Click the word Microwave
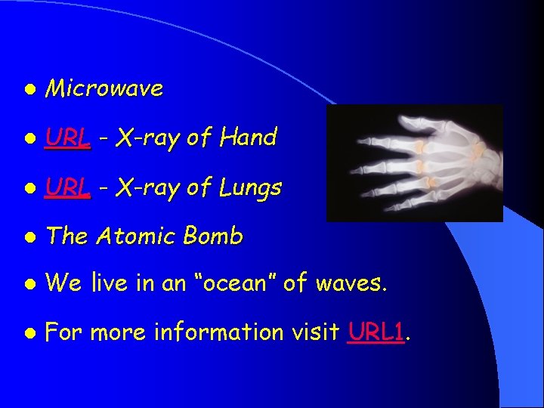(104, 89)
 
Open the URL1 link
(376, 332)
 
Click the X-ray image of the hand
(414, 163)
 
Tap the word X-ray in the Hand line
(148, 138)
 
